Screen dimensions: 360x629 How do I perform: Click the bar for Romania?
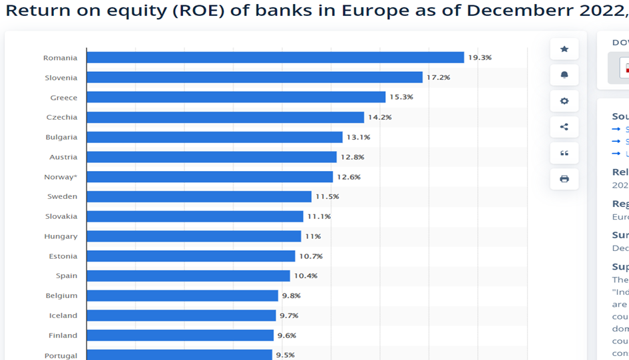pyautogui.click(x=275, y=58)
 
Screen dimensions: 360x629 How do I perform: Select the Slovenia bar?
pyautogui.click(x=254, y=77)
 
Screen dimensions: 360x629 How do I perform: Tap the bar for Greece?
pyautogui.click(x=236, y=97)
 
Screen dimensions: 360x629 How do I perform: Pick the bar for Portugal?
pyautogui.click(x=179, y=355)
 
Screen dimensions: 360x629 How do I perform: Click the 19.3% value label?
pyautogui.click(x=479, y=58)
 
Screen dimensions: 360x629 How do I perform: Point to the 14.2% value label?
pyautogui.click(x=380, y=117)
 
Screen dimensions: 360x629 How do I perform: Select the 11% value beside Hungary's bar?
pyautogui.click(x=313, y=236)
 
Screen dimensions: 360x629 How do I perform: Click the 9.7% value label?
pyautogui.click(x=290, y=315)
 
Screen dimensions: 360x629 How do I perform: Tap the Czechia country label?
pyautogui.click(x=62, y=117)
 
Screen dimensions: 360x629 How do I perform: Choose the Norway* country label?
pyautogui.click(x=61, y=177)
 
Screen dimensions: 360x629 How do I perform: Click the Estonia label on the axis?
pyautogui.click(x=63, y=256)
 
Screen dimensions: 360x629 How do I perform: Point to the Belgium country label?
pyautogui.click(x=62, y=295)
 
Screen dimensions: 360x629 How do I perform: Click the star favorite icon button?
pyautogui.click(x=564, y=49)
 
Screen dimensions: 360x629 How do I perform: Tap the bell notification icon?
pyautogui.click(x=564, y=75)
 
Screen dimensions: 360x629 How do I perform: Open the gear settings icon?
pyautogui.click(x=564, y=100)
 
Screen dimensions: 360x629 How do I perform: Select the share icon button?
pyautogui.click(x=564, y=126)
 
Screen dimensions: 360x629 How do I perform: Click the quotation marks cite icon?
pyautogui.click(x=564, y=152)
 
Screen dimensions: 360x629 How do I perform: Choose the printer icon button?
pyautogui.click(x=564, y=178)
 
